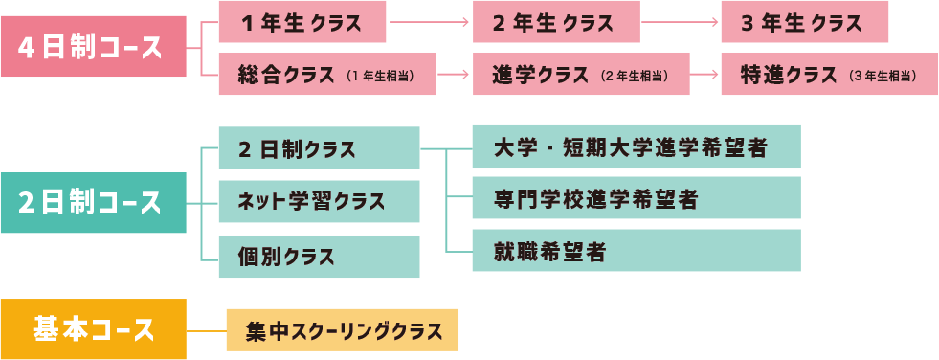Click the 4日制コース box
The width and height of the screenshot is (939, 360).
tap(93, 47)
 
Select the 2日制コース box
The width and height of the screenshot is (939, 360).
tap(93, 203)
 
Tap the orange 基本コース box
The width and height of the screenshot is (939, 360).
tap(93, 329)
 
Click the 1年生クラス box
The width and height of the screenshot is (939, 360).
tap(302, 22)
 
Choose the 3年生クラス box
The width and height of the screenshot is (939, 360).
tap(804, 22)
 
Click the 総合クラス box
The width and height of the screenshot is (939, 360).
tap(326, 75)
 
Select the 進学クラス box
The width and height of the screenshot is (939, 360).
tap(581, 75)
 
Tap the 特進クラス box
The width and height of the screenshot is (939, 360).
tap(829, 75)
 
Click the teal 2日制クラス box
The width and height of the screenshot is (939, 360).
tap(319, 148)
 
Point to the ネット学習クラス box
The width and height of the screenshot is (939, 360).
tap(319, 202)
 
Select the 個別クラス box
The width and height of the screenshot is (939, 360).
tap(319, 257)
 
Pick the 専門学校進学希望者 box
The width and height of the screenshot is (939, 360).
tap(636, 198)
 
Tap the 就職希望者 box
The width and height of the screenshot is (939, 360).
tap(636, 251)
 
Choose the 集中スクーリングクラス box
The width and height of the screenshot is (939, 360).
tap(343, 331)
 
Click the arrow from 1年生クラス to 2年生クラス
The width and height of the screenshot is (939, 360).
tap(430, 22)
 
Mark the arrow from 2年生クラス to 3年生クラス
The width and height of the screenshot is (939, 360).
tap(679, 22)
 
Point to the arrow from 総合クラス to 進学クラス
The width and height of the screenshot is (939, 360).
tap(455, 75)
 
